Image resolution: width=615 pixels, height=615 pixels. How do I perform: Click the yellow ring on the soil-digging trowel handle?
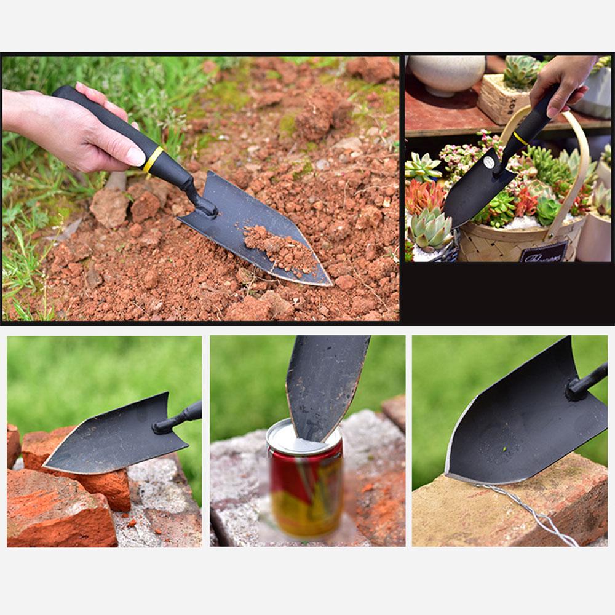pos(153,159)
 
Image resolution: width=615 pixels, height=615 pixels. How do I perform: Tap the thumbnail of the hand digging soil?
pos(200,188)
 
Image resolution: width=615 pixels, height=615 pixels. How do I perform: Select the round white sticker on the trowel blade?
pos(489,162)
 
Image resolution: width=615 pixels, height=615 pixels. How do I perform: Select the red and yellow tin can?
pos(305,486)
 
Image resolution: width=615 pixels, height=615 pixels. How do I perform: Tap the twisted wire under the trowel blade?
pos(530,511)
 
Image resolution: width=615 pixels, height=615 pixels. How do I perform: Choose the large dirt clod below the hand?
pos(109,208)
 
